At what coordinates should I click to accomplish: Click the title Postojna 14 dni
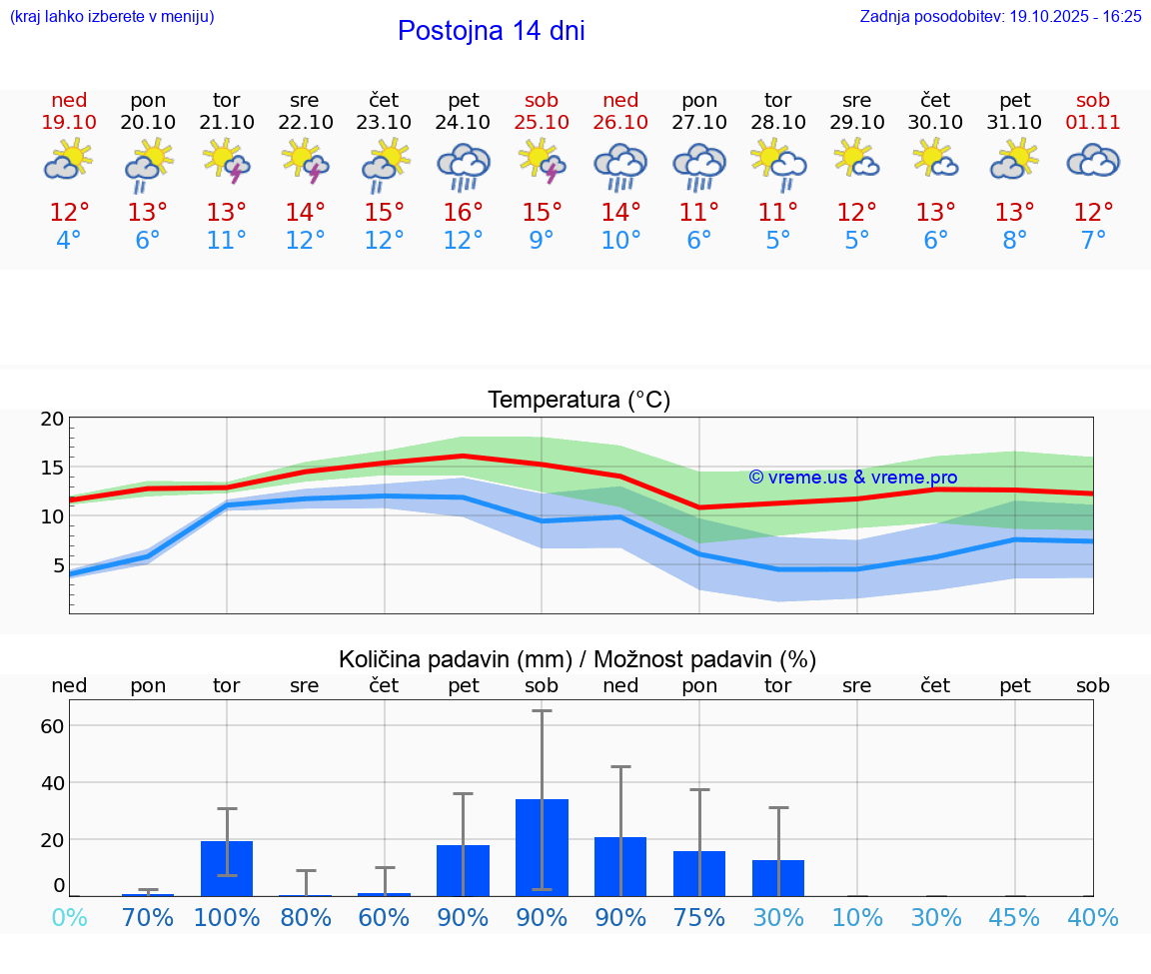pyautogui.click(x=491, y=31)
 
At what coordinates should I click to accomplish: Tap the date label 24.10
pyautogui.click(x=463, y=122)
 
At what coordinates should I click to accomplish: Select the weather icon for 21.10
pyautogui.click(x=226, y=161)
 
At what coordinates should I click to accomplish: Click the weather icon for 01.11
pyautogui.click(x=1093, y=161)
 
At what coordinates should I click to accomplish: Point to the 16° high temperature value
pyautogui.click(x=463, y=213)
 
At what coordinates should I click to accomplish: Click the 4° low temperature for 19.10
pyautogui.click(x=69, y=241)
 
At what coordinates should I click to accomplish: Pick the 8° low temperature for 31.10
pyautogui.click(x=1014, y=241)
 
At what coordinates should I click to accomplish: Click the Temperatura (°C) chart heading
pyautogui.click(x=578, y=401)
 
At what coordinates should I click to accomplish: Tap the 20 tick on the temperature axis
pyautogui.click(x=52, y=420)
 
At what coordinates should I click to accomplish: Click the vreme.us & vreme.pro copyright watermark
pyautogui.click(x=852, y=478)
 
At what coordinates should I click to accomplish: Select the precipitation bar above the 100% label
pyautogui.click(x=227, y=868)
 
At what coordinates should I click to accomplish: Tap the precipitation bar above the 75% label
pyautogui.click(x=699, y=873)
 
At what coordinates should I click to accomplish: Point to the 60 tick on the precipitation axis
pyautogui.click(x=52, y=726)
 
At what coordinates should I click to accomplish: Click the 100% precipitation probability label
pyautogui.click(x=227, y=918)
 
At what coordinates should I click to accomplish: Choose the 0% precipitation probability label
pyautogui.click(x=69, y=918)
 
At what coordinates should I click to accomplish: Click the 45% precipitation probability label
pyautogui.click(x=1014, y=918)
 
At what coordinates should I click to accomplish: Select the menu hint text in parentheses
pyautogui.click(x=112, y=16)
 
